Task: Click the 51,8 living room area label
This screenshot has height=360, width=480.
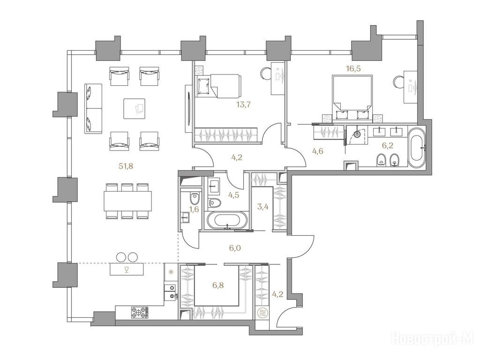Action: coord(126,166)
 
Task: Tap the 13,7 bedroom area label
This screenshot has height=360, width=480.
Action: coord(243,105)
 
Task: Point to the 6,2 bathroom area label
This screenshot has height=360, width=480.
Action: coord(388,145)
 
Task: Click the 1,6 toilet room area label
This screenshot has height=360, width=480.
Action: coord(195,210)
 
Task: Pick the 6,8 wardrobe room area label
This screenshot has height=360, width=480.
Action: coord(218,285)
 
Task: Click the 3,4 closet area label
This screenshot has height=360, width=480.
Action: coord(263,206)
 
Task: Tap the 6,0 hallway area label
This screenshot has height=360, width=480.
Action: coord(235,247)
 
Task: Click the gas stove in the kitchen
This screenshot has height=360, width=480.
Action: coord(139,313)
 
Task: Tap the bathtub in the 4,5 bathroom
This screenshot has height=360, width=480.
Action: coord(227,220)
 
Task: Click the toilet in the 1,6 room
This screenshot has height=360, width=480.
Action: coord(195,198)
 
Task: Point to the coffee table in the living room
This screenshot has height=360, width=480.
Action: coord(135,108)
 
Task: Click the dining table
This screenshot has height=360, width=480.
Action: coord(127,201)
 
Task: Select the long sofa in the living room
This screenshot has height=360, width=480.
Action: coord(93,108)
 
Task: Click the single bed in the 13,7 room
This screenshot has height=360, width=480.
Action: coord(217,86)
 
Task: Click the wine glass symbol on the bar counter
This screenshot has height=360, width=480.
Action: coord(127,269)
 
